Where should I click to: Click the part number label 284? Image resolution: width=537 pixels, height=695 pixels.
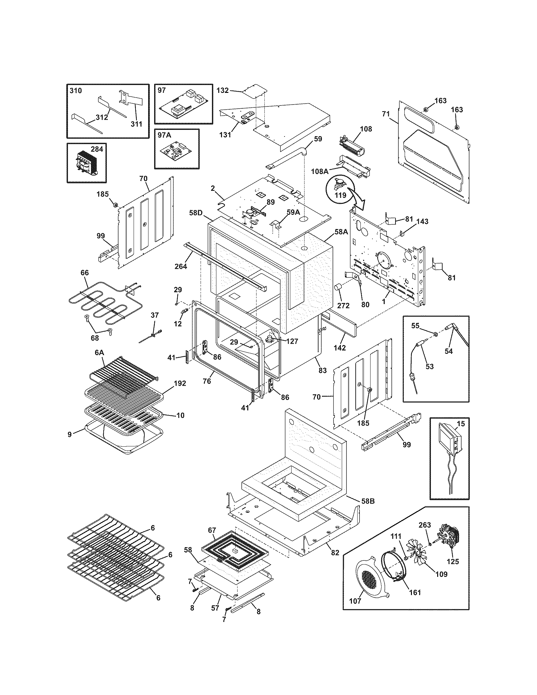tap(97, 149)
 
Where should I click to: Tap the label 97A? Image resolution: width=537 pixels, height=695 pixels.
tap(164, 135)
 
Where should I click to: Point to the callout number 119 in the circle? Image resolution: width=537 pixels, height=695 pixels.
tap(341, 195)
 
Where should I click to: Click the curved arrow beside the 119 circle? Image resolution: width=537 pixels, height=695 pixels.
tap(357, 200)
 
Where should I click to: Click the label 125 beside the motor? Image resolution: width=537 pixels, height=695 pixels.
tap(453, 561)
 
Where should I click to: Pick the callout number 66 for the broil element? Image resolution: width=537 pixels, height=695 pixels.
tap(85, 273)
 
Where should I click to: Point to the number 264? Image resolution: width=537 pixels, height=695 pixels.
tap(181, 266)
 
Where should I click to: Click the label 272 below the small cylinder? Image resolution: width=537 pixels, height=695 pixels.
tap(343, 305)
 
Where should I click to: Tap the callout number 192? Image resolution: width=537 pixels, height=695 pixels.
tap(180, 384)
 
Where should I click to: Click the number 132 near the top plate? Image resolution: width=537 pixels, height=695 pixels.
tap(222, 90)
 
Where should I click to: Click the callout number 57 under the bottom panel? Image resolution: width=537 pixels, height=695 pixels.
tap(215, 608)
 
